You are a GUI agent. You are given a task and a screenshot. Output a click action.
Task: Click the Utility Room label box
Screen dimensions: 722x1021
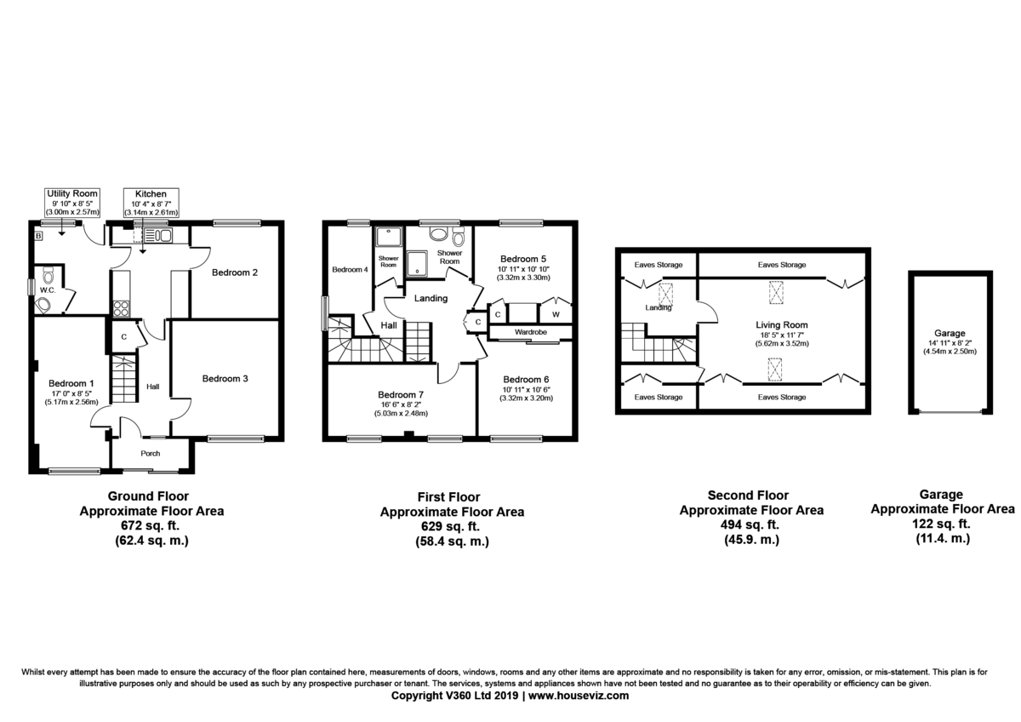pos(72,203)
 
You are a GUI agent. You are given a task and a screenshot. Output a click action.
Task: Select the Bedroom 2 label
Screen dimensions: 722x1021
pos(235,273)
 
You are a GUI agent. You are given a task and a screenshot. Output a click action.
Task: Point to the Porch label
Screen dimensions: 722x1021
pos(151,453)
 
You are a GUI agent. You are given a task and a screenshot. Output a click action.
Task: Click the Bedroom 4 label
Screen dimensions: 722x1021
pos(350,270)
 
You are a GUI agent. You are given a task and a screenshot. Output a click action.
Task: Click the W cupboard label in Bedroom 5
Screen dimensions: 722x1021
pos(555,314)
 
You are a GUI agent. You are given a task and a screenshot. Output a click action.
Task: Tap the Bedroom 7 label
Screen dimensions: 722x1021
pos(400,395)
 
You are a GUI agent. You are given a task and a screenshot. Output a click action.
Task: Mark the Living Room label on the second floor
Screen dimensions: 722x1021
pos(781,325)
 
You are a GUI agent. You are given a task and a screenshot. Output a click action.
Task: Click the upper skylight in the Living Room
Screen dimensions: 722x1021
pos(775,292)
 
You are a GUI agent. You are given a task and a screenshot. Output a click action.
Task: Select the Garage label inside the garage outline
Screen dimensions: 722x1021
pos(949,335)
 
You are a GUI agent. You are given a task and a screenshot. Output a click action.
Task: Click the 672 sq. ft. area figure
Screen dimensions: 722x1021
pos(151,526)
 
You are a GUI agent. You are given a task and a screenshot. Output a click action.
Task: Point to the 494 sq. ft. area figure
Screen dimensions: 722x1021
pos(750,525)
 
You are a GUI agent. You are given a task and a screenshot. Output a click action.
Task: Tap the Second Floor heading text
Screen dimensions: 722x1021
pos(749,495)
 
